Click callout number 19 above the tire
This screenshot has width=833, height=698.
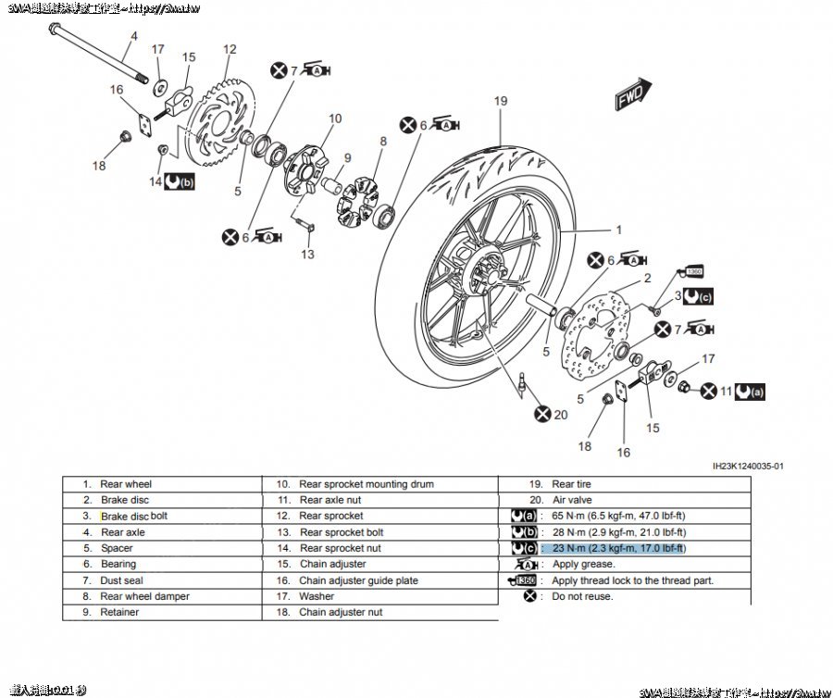point(501,100)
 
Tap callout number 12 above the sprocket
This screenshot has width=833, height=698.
point(230,50)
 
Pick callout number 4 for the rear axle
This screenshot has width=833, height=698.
point(133,36)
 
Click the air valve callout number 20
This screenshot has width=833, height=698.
point(560,415)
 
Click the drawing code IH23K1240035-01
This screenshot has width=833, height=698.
point(748,467)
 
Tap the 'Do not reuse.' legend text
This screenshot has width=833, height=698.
point(582,596)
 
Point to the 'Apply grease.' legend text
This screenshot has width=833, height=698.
point(582,564)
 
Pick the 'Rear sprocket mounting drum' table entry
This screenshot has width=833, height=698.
point(366,484)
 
